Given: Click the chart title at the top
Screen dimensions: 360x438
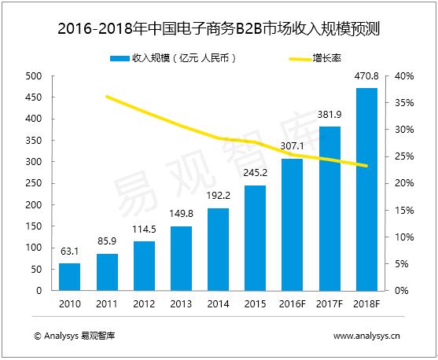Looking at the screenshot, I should pos(219,31).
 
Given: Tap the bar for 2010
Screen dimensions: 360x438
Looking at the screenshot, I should pos(69,277).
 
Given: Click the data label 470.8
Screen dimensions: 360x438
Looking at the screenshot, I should pos(366,79).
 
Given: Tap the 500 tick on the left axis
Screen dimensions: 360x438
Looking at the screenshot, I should pos(33,76).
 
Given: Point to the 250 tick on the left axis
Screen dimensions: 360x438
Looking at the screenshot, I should pos(33,183).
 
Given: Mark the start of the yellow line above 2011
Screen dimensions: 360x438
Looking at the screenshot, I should pos(106,97).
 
